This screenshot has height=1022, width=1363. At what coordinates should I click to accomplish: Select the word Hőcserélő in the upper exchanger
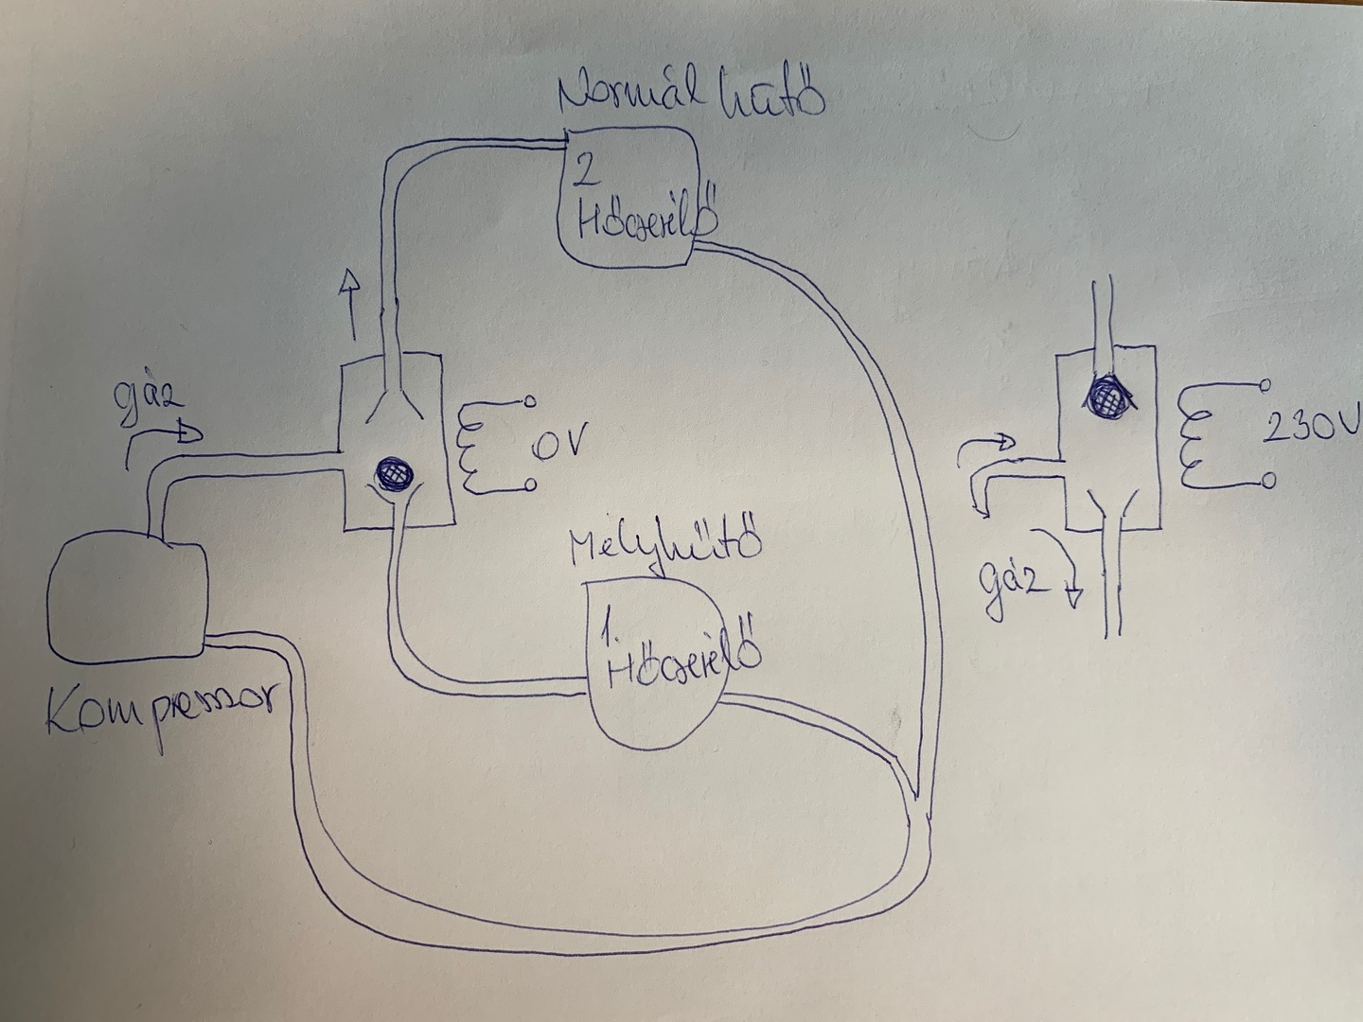pyautogui.click(x=644, y=222)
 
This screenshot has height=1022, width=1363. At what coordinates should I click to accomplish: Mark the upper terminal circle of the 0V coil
pyautogui.click(x=529, y=401)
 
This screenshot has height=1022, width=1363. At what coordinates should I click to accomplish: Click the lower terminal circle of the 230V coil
pyautogui.click(x=1267, y=481)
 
